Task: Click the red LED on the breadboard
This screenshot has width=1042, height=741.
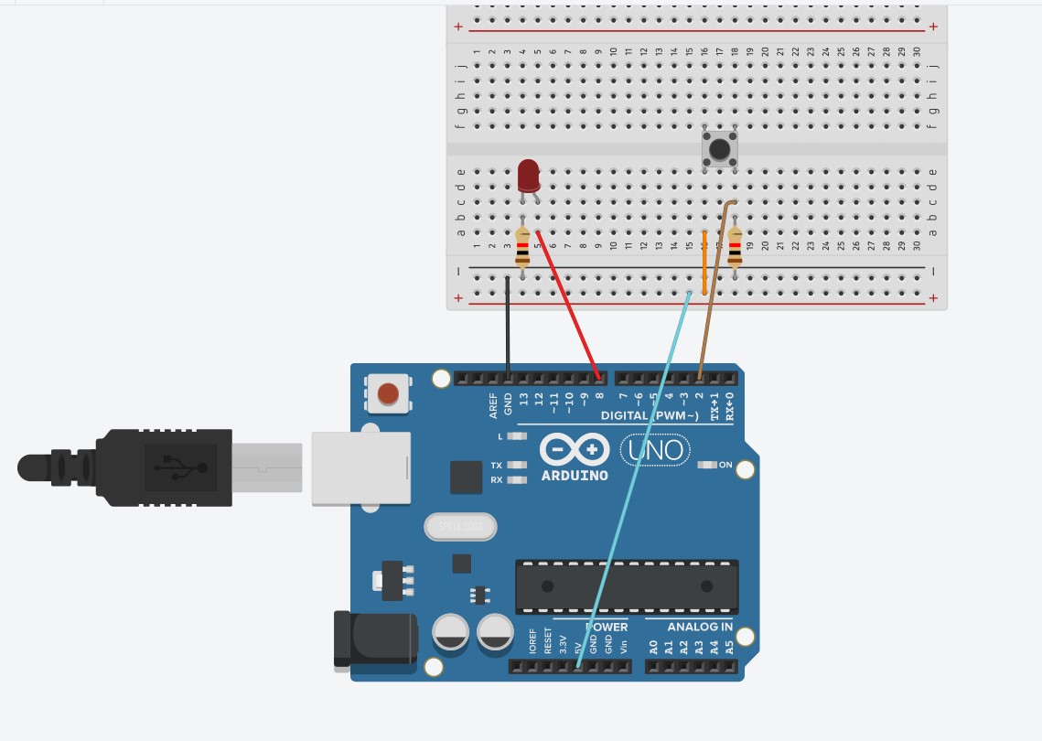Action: pyautogui.click(x=529, y=175)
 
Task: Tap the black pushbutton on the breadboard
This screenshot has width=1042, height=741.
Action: pyautogui.click(x=720, y=148)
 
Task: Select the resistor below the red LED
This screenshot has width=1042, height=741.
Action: pyautogui.click(x=522, y=247)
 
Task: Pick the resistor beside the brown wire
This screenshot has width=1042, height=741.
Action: pyautogui.click(x=735, y=247)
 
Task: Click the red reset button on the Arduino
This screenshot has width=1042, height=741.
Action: pyautogui.click(x=388, y=393)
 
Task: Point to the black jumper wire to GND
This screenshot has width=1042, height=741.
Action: pyautogui.click(x=508, y=329)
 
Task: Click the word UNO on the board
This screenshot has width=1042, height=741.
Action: pyautogui.click(x=655, y=450)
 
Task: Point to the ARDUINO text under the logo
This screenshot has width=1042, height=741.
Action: pyautogui.click(x=575, y=476)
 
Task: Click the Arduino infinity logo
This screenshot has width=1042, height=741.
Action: pyautogui.click(x=575, y=449)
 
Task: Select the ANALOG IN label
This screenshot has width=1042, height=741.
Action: pyautogui.click(x=700, y=627)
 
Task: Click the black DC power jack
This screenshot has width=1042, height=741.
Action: pyautogui.click(x=375, y=639)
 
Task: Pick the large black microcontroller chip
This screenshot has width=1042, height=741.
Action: pyautogui.click(x=627, y=586)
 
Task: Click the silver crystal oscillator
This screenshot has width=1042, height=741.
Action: pyautogui.click(x=460, y=526)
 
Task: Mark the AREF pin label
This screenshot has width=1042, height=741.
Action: pyautogui.click(x=494, y=405)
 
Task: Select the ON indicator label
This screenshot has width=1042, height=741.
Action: pyautogui.click(x=725, y=465)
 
